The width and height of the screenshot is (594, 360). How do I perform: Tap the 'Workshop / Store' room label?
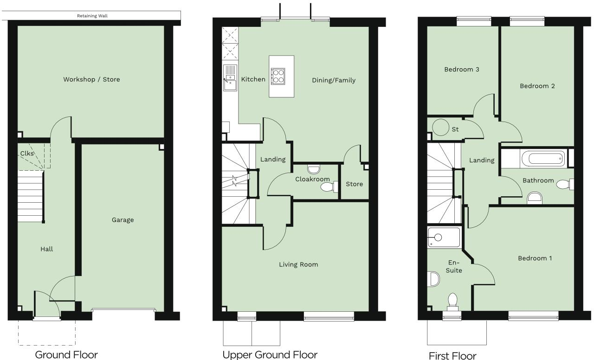pos(91,79)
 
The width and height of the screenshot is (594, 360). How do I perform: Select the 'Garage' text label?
pos(123,220)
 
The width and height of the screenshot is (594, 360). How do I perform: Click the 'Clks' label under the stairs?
pos(26,154)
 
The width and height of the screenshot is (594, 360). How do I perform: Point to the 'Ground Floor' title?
pos(67,355)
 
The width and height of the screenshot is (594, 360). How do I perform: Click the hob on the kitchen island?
pos(278,75)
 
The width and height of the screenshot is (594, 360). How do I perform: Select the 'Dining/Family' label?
pos(333,80)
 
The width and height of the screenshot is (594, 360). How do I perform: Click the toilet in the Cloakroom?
pos(328,186)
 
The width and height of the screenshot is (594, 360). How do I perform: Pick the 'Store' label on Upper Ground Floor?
pos(354,184)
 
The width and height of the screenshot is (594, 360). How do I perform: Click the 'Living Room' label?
pos(298,264)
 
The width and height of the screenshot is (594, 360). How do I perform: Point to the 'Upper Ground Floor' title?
pos(270,355)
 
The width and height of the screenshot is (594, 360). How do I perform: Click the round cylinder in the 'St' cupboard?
pos(439,127)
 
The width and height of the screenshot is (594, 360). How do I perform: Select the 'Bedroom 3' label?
pos(461,70)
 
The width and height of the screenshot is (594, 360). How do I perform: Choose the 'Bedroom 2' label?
pos(537,86)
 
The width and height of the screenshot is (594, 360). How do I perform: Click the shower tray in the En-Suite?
pos(444,237)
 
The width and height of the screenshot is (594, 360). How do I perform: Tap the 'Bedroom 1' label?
pos(535,258)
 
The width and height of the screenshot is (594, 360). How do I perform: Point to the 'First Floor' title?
pos(452,356)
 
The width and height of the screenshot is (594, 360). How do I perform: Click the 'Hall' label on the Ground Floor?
pos(46,249)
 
